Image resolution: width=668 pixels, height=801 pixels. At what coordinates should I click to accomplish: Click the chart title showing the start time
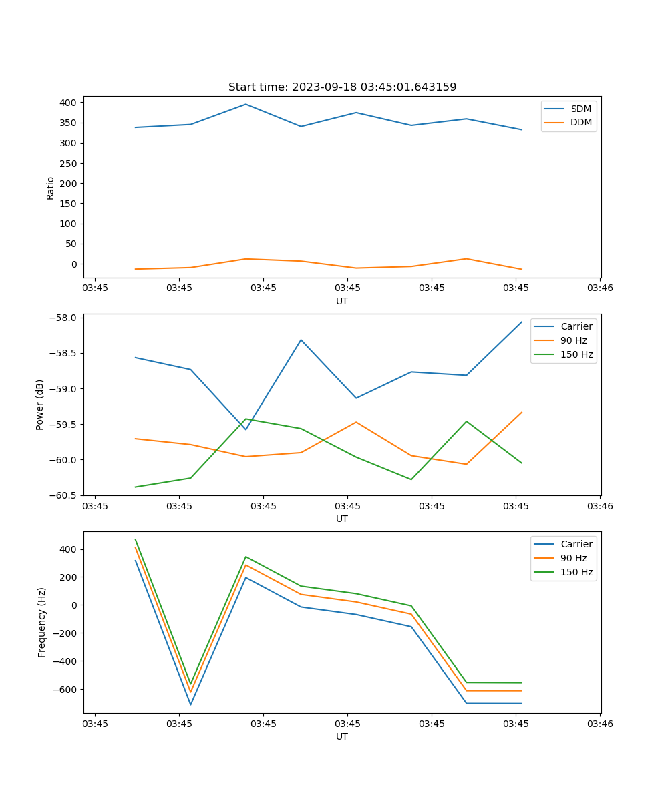tap(342, 87)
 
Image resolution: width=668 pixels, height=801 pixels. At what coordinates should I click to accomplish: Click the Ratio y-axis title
tap(51, 188)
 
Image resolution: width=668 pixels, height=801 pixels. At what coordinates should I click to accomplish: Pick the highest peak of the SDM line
tap(246, 104)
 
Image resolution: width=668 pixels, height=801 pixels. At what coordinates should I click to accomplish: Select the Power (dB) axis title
tap(40, 405)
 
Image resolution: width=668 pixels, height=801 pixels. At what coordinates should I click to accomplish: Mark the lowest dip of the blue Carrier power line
tap(246, 429)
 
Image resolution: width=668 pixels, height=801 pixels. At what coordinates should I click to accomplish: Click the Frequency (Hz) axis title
tap(42, 622)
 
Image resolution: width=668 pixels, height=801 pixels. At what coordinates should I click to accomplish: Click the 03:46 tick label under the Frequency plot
tap(600, 724)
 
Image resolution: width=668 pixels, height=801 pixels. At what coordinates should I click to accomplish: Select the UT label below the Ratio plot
tap(342, 301)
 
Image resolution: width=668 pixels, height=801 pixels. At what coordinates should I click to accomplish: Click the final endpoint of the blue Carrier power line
tap(522, 322)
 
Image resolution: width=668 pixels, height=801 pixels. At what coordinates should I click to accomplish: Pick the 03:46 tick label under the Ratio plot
tap(600, 288)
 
